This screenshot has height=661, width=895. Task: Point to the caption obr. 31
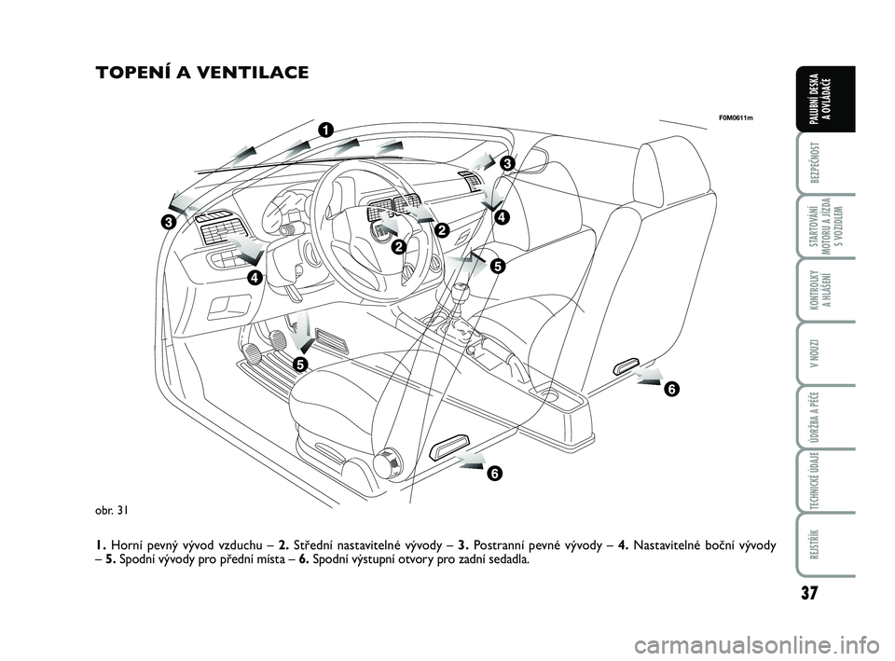click(112, 509)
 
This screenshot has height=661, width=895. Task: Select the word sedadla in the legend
click(505, 560)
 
